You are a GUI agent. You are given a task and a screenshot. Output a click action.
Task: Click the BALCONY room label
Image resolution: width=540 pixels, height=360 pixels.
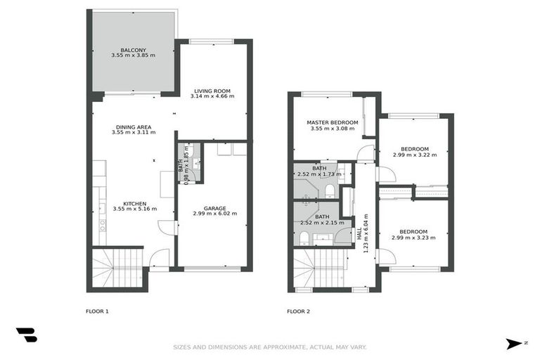[x=133, y=50]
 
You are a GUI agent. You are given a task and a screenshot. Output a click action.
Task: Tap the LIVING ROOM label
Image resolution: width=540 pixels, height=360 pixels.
[x=212, y=91]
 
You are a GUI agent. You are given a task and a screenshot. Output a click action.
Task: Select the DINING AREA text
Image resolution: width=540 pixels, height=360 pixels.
[x=134, y=127]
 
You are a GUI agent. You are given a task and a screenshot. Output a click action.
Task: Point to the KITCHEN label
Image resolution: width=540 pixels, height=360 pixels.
[x=133, y=203]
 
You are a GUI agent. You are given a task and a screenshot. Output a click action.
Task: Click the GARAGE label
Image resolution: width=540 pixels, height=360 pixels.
[x=214, y=208]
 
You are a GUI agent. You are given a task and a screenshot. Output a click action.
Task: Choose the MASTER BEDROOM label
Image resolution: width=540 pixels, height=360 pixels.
[x=332, y=122]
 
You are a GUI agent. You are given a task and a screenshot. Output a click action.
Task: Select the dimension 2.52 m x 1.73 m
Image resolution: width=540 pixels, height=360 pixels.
[x=319, y=174]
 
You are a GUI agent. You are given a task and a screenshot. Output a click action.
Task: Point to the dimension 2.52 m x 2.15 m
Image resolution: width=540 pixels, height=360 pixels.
[x=321, y=223]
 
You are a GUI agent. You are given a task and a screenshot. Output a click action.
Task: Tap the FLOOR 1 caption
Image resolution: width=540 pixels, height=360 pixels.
[x=97, y=311]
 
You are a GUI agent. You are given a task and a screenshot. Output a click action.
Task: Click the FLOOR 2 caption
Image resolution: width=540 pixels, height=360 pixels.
[x=299, y=311]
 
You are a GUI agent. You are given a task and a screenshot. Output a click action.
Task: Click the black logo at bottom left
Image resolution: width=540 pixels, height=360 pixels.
[x=26, y=335]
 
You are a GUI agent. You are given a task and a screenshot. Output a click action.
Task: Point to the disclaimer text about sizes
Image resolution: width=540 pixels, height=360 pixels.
[x=269, y=347]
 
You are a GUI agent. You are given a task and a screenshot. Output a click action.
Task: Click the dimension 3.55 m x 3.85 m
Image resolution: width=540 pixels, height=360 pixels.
[x=133, y=55]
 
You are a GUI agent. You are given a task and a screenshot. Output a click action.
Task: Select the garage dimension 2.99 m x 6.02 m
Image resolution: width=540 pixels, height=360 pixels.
[x=214, y=214]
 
